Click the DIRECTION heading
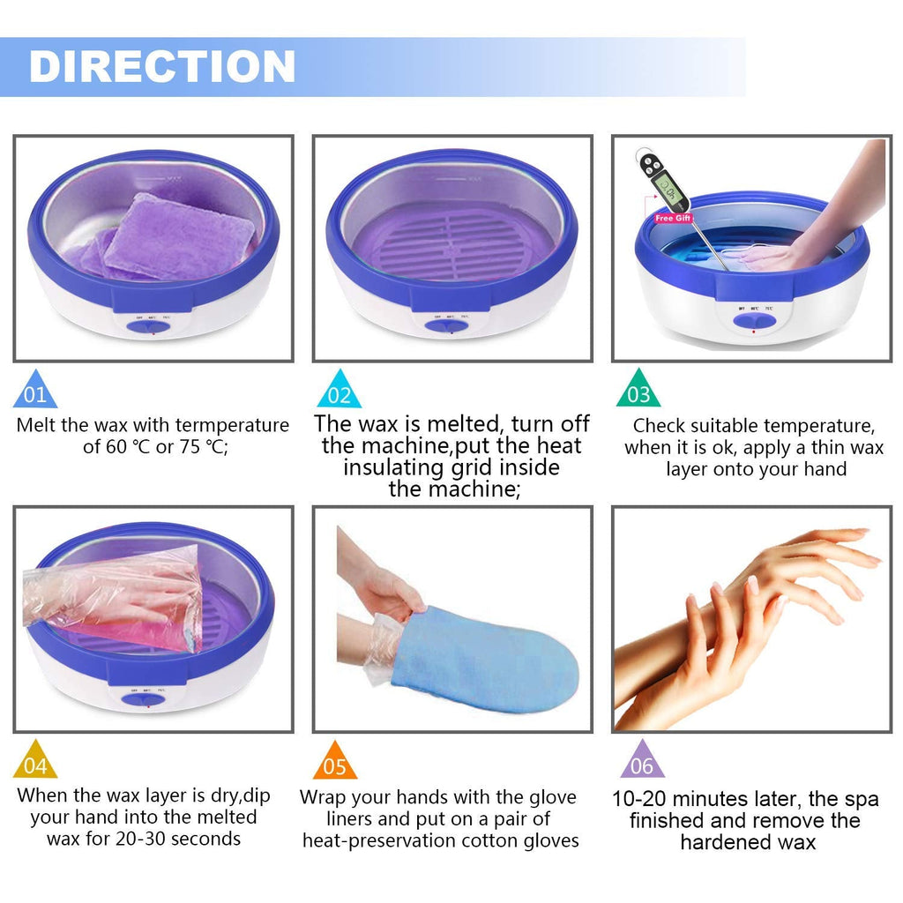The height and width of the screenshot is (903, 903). click(x=162, y=66)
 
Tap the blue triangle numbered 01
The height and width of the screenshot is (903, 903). click(x=34, y=390)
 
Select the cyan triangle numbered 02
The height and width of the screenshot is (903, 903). click(x=339, y=390)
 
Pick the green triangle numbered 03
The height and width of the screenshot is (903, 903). click(x=638, y=390)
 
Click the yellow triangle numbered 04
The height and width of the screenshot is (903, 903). click(x=35, y=760)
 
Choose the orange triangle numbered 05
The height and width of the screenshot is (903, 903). click(x=334, y=761)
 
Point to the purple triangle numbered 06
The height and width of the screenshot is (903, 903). click(x=642, y=760)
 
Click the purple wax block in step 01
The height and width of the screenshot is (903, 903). click(x=178, y=236)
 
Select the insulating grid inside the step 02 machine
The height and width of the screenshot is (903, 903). click(x=452, y=243)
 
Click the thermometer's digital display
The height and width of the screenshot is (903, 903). click(x=667, y=187)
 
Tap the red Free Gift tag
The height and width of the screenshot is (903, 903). click(x=673, y=219)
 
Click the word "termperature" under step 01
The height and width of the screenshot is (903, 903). click(x=232, y=425)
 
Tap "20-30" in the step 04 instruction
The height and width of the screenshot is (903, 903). click(x=140, y=839)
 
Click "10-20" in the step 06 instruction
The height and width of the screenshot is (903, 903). click(x=639, y=799)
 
